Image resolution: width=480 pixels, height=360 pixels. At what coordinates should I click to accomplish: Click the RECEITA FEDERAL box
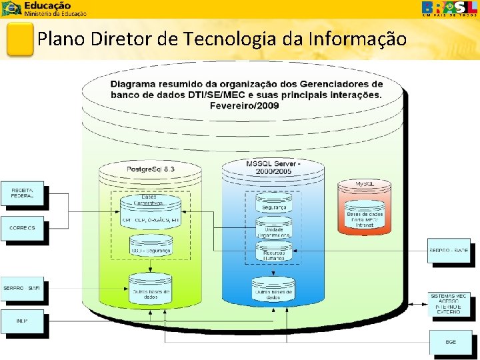(22, 193)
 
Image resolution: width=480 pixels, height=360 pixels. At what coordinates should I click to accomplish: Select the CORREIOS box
(22, 228)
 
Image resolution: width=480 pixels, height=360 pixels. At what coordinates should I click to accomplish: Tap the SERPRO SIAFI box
(22, 288)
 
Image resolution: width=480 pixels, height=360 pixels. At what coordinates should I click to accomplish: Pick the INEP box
(22, 321)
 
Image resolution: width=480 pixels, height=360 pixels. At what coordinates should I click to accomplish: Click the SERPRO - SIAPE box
(451, 251)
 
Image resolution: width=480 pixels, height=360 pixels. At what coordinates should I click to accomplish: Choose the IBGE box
(451, 342)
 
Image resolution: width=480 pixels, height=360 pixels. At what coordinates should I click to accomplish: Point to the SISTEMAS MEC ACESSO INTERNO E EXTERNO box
(451, 303)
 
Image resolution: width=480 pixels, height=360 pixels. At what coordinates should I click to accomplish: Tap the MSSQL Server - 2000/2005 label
(273, 167)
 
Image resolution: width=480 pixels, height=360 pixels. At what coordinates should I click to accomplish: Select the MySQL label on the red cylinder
(364, 183)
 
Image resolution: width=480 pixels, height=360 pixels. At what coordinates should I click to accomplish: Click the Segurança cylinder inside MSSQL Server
(274, 204)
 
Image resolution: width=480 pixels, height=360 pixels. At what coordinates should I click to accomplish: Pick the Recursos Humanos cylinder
(274, 253)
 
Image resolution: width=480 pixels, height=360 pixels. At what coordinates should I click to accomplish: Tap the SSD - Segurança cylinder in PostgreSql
(150, 247)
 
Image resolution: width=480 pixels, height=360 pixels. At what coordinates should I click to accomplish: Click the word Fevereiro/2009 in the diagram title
(244, 105)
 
